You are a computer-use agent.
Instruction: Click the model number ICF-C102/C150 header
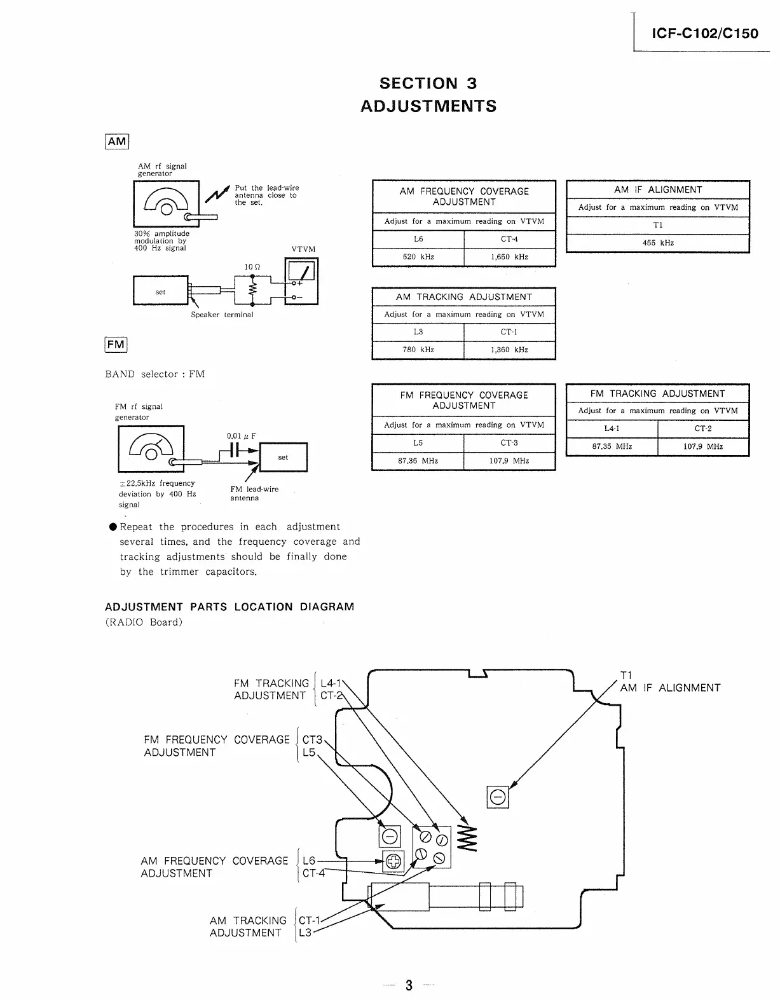pos(705,34)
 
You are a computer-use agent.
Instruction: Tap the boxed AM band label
pos(117,141)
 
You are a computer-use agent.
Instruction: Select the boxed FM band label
pos(116,345)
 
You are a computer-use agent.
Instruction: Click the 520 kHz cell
pos(418,257)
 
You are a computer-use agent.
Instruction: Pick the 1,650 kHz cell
pos(509,257)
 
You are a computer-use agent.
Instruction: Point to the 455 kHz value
pos(658,243)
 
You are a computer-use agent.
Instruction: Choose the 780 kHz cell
pos(418,350)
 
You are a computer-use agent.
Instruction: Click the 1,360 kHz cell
pos(509,350)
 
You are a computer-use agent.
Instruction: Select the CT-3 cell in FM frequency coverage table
pos(509,442)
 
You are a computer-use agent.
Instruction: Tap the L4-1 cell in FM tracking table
pos(612,428)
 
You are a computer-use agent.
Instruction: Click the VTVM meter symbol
pos(302,281)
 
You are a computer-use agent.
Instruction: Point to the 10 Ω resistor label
pos(252,267)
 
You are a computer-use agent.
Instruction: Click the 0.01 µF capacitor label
pos(241,436)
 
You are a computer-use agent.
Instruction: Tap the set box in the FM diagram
pos(283,457)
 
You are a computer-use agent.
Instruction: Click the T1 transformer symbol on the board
pos(498,797)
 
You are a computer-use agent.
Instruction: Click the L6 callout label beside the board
pos(309,861)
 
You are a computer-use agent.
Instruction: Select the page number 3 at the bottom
pos(409,985)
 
